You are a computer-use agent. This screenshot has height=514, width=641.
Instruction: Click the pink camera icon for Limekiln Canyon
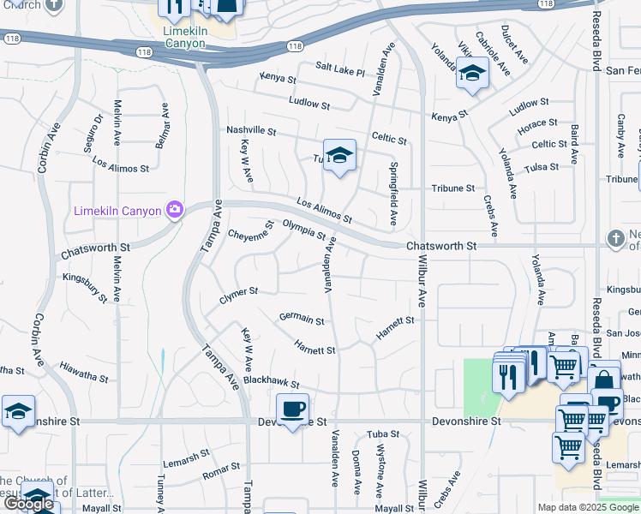point(175,209)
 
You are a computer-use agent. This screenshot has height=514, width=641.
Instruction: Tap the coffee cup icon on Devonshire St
point(292,409)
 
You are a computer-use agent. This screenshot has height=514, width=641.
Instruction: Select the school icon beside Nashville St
point(339,155)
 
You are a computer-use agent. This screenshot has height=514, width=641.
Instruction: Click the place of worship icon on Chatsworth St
point(614,238)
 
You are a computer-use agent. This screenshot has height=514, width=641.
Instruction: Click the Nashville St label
point(251,131)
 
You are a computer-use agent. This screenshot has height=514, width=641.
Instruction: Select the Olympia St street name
point(304,230)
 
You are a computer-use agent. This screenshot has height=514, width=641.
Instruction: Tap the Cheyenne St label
point(250,231)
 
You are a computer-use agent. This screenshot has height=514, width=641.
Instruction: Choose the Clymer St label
point(238,293)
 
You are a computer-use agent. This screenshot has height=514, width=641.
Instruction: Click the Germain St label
point(302,319)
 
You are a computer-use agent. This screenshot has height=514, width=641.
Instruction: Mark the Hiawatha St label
point(84,371)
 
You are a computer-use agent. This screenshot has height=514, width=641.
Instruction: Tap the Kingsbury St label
point(85,287)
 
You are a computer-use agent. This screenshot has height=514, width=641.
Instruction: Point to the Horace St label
point(537,126)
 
